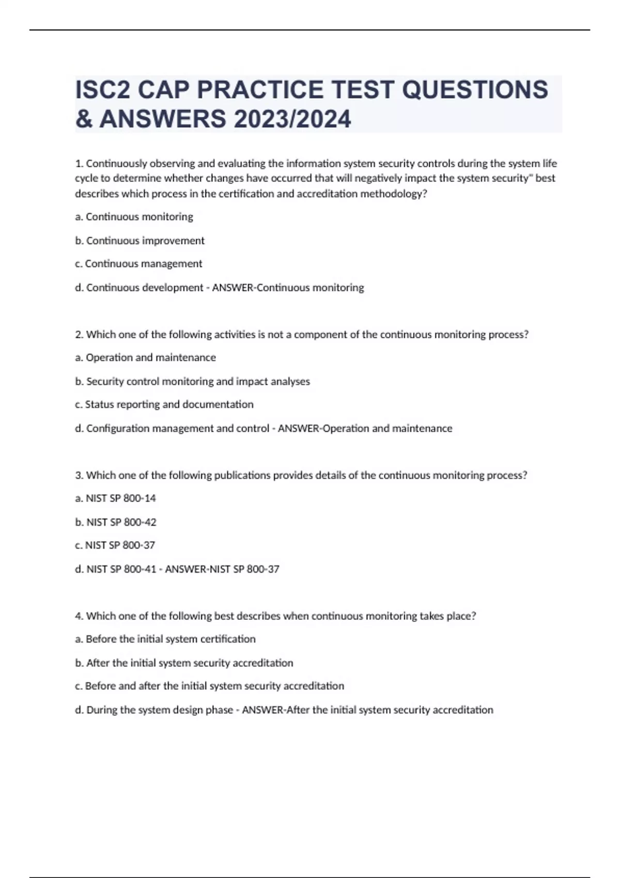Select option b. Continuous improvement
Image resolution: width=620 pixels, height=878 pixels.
(139, 241)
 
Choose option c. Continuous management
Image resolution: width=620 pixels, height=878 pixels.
(138, 264)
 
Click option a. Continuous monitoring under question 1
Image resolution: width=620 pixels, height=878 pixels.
(134, 217)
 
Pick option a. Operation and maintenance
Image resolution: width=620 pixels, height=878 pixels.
(145, 357)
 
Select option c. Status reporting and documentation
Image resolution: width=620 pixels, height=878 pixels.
(164, 404)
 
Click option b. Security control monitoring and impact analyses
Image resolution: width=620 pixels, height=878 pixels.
(192, 382)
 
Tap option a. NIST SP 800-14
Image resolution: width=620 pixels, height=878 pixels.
(115, 498)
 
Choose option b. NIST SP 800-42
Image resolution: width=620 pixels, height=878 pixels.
(116, 522)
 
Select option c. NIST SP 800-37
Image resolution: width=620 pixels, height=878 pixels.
(115, 545)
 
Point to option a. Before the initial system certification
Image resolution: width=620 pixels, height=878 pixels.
(165, 639)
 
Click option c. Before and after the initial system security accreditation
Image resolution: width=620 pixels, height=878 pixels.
(209, 686)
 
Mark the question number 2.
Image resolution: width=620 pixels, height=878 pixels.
(79, 335)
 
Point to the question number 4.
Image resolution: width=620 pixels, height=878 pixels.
(79, 616)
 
